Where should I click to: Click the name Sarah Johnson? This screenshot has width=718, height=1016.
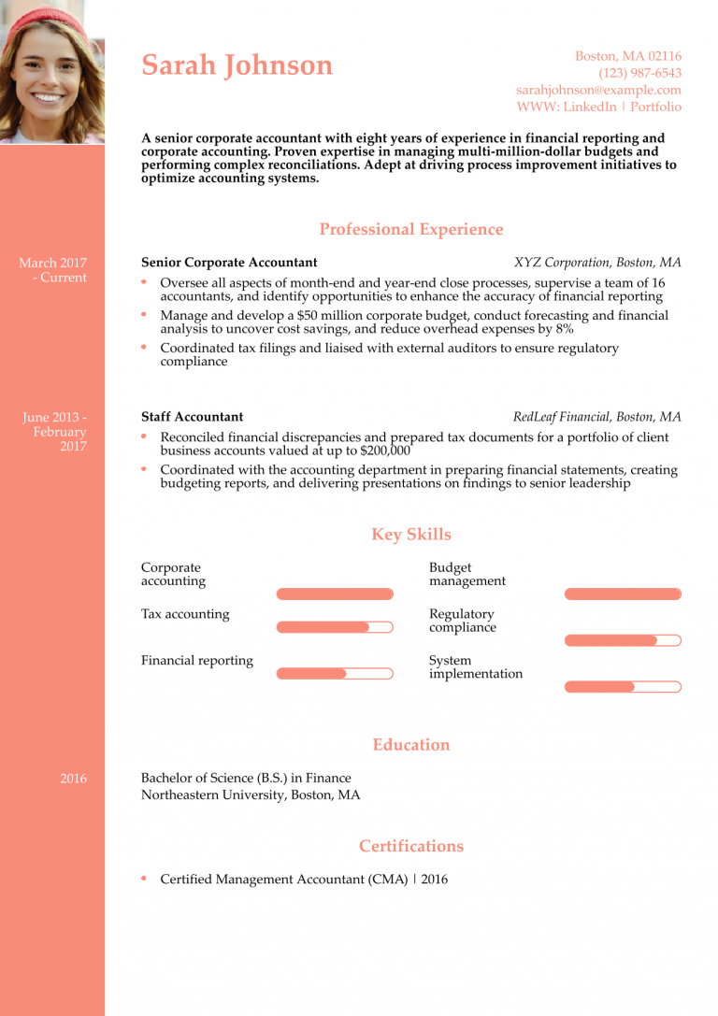(237, 65)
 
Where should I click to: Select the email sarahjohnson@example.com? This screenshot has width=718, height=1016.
(598, 90)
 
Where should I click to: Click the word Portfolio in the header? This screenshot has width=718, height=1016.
(655, 107)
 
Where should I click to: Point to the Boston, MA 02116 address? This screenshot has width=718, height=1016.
(627, 56)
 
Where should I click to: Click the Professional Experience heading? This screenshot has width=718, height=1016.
(410, 230)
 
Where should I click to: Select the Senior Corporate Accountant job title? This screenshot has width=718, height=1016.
(229, 263)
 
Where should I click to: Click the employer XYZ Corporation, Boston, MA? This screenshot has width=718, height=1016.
(597, 263)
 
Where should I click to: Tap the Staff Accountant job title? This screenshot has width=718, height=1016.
(192, 417)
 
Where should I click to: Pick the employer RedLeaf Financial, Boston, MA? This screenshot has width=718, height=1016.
(596, 417)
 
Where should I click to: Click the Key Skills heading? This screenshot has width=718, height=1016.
(410, 535)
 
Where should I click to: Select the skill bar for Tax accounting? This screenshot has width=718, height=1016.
(335, 627)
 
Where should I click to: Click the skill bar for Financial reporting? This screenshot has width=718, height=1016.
(335, 673)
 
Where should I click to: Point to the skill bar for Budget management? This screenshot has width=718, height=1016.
(623, 594)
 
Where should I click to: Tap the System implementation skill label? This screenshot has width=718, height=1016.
(475, 667)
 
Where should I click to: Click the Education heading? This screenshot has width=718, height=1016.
(410, 745)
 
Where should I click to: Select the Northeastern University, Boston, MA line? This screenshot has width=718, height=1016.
(250, 795)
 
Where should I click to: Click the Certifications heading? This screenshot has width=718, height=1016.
(410, 846)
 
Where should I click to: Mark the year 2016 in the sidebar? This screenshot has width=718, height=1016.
(73, 779)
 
